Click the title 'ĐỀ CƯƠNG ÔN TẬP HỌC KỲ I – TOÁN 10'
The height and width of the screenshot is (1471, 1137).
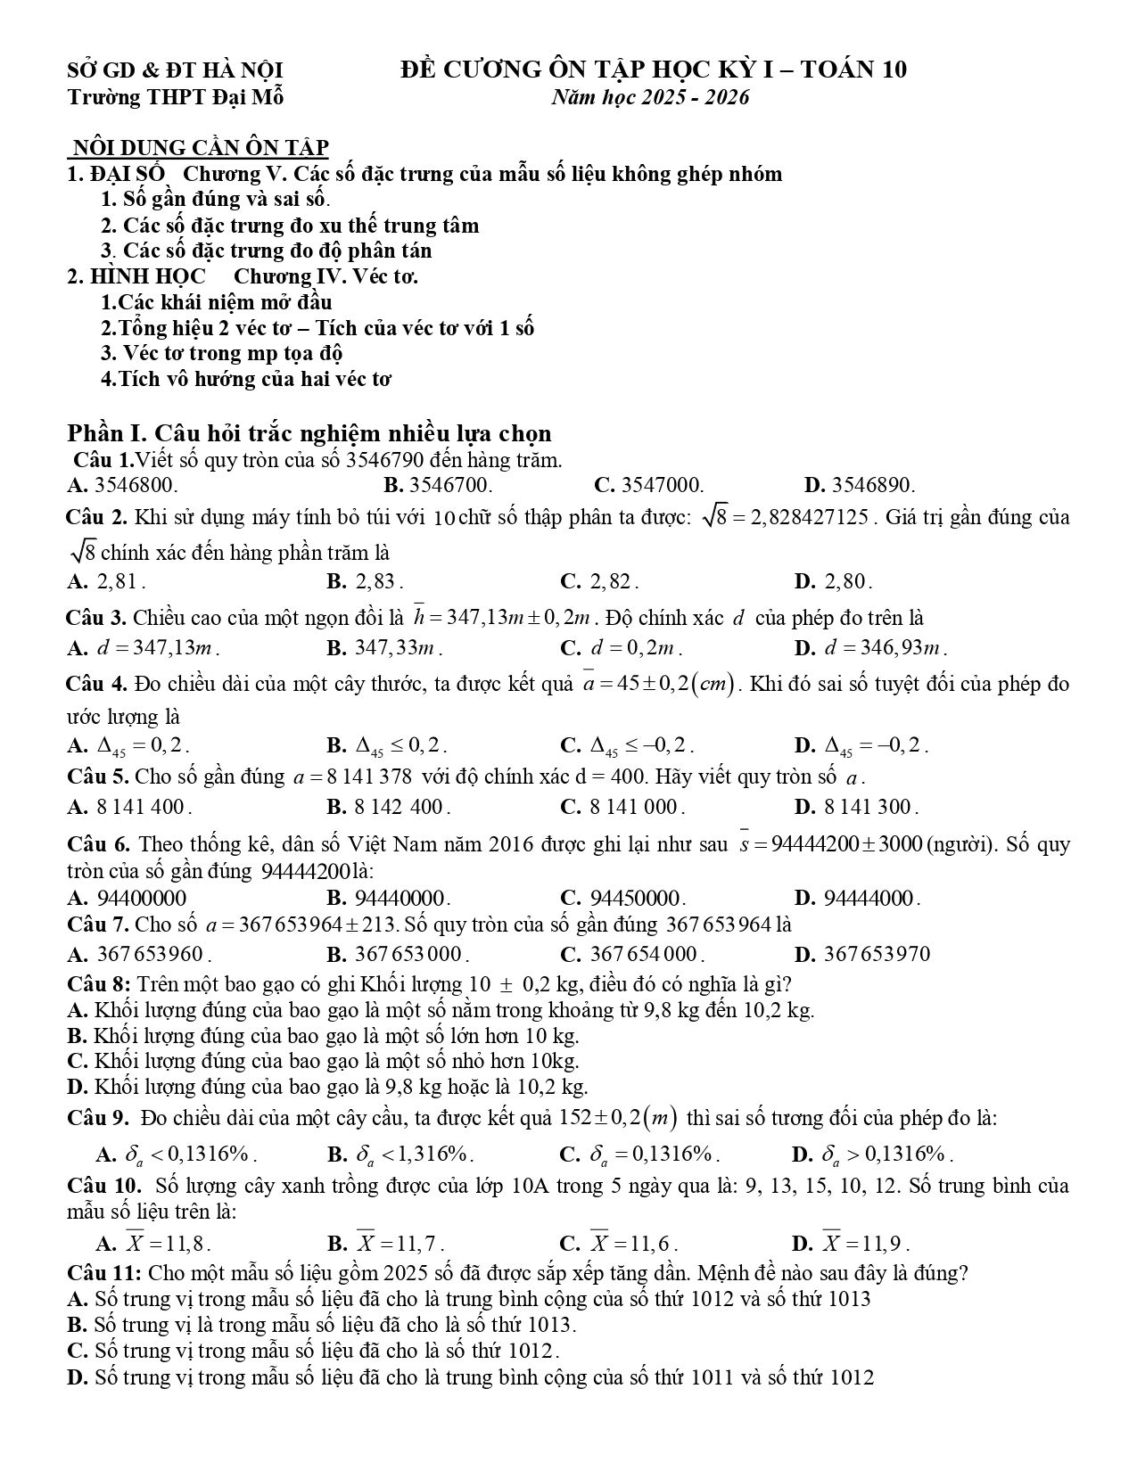(x=653, y=70)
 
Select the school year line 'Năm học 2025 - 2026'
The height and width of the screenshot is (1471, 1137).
(x=650, y=97)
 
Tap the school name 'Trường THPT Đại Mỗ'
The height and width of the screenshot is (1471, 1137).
(x=176, y=97)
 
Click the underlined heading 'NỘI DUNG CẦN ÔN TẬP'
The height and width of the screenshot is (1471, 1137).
(x=200, y=147)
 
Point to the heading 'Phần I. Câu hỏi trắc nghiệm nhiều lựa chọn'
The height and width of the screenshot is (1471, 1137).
(x=309, y=433)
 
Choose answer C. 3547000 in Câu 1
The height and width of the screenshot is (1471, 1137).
(x=648, y=486)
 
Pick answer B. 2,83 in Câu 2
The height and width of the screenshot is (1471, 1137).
(x=366, y=582)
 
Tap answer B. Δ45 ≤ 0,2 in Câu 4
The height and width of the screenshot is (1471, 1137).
(x=388, y=745)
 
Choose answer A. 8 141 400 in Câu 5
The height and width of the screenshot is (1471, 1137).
(x=130, y=808)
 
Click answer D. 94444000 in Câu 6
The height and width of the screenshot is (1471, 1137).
(x=857, y=898)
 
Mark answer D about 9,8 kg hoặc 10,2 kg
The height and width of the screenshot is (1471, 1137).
(x=328, y=1087)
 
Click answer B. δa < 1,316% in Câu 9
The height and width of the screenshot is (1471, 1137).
(x=400, y=1155)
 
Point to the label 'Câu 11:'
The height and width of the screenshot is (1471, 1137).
(x=103, y=1273)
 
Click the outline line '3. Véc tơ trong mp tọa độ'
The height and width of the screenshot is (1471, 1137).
(x=222, y=353)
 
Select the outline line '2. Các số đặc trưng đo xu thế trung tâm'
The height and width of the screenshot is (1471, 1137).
(x=290, y=226)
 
